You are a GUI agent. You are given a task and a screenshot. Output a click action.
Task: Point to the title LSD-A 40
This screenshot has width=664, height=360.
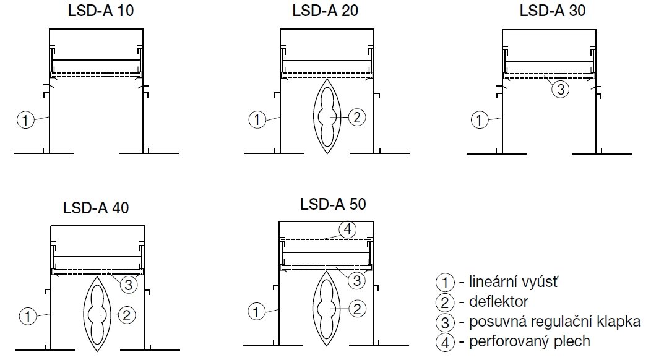click(x=96, y=208)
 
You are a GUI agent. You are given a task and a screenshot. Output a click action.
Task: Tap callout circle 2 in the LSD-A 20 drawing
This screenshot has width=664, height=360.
click(x=356, y=117)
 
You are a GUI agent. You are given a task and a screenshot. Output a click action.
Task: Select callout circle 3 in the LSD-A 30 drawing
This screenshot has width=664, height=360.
click(x=559, y=90)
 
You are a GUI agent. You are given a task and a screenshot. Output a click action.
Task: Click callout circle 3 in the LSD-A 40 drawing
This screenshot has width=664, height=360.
click(x=127, y=285)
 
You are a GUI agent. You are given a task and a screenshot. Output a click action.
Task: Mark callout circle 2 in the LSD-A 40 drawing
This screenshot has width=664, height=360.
click(x=126, y=315)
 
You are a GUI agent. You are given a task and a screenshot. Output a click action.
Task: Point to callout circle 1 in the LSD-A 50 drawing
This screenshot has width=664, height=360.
click(x=256, y=311)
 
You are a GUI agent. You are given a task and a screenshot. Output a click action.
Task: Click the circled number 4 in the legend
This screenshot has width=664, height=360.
click(x=444, y=341)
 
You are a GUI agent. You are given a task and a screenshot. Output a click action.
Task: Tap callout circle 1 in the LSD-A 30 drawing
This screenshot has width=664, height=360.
click(x=479, y=120)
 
